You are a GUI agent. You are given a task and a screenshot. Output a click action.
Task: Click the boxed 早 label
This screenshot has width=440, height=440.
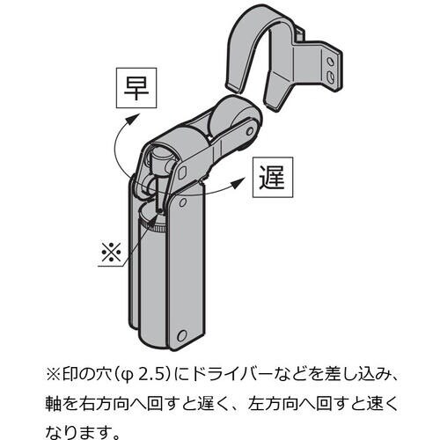(x=136, y=88)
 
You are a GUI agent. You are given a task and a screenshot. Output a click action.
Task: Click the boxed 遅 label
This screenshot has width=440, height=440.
(x=273, y=177)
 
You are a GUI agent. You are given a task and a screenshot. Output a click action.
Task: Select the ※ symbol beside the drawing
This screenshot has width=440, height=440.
(x=111, y=253)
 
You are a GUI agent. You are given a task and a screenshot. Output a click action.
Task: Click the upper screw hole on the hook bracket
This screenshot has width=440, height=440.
(x=330, y=62)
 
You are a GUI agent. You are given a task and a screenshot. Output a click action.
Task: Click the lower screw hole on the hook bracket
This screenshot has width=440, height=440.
(x=330, y=76)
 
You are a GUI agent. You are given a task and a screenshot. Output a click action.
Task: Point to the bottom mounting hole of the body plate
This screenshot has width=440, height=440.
(x=182, y=335)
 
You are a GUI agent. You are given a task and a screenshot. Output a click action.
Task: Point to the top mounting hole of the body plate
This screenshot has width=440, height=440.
(x=182, y=202)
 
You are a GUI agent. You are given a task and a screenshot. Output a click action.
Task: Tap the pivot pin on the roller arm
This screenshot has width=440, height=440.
(x=250, y=130)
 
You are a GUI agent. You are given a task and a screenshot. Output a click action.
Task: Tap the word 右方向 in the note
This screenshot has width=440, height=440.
(x=104, y=404)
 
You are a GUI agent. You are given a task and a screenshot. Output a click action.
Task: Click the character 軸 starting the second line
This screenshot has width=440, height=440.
(x=54, y=404)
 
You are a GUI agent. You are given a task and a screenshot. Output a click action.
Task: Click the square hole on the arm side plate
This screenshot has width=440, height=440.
(x=183, y=172)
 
